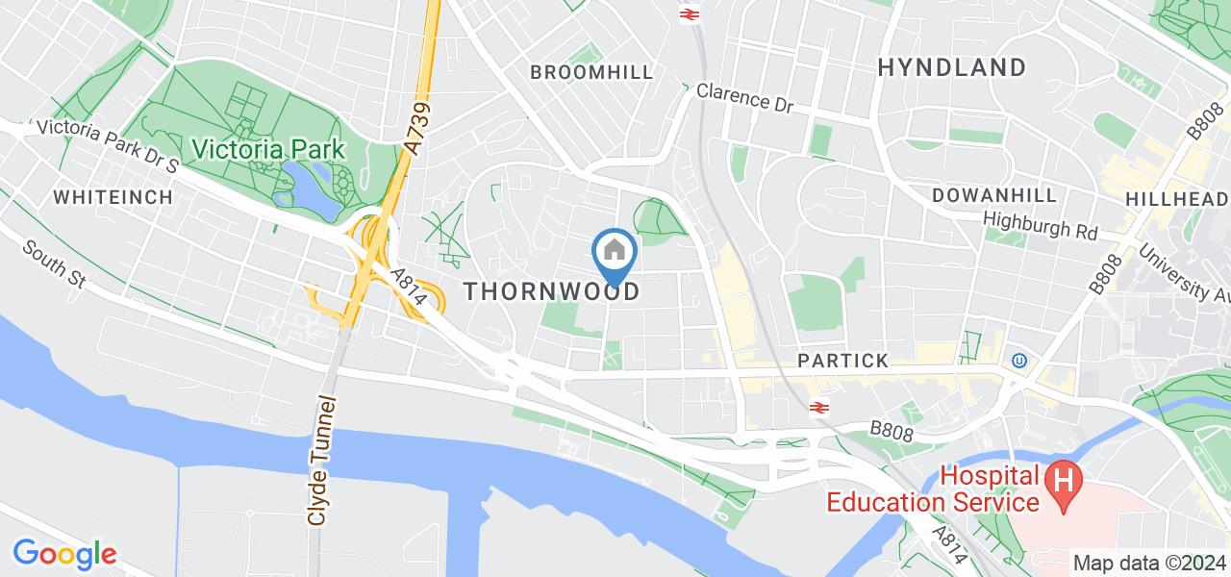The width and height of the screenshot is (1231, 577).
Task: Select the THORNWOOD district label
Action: click(552, 292)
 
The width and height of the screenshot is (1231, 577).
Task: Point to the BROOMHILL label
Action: click(591, 72)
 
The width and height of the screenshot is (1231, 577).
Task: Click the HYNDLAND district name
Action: click(952, 67)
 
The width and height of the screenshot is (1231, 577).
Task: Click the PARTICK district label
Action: click(842, 361)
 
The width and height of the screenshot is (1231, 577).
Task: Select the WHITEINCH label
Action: click(113, 197)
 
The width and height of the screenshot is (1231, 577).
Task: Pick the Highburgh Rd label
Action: click(1041, 226)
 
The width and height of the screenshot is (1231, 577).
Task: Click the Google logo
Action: click(64, 554)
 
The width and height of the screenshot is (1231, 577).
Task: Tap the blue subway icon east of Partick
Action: click(1018, 362)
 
